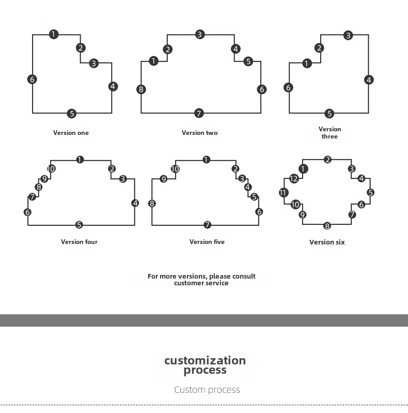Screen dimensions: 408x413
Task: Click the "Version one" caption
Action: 71,133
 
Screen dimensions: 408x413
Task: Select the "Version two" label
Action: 199,133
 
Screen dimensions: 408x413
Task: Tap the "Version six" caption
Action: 327,242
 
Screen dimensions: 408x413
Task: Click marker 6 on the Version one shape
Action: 32,79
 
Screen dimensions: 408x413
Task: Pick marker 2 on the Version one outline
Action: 81,48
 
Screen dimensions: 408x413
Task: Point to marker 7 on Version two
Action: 199,113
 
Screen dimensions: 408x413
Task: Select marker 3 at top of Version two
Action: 200,35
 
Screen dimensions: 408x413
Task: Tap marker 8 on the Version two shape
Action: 141,89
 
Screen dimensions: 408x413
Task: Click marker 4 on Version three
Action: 369,80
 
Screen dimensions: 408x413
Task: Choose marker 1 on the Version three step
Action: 307,63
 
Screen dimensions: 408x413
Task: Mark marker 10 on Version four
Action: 51,169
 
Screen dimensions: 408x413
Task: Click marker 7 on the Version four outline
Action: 33,197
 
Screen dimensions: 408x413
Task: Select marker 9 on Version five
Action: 164,179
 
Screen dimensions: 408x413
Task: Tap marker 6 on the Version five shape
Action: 259,212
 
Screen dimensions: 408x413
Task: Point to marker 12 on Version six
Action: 294,179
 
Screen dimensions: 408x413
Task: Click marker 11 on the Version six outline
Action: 284,192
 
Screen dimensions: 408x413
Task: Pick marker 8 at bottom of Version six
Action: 327,226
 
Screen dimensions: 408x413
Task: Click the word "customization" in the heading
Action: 205,360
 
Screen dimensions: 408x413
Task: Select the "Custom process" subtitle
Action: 207,390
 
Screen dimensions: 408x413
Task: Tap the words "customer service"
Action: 201,283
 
